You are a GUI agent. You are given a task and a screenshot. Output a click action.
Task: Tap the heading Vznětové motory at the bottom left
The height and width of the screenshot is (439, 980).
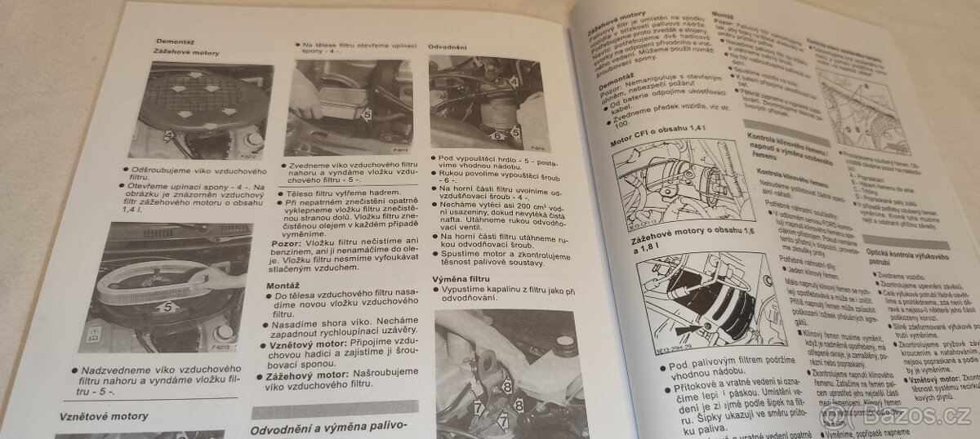point(104,417)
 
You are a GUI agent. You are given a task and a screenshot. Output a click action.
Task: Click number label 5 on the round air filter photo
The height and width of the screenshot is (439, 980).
point(167,308)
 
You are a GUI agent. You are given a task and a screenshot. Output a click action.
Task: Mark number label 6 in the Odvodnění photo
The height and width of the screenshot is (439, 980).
point(497,135)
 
